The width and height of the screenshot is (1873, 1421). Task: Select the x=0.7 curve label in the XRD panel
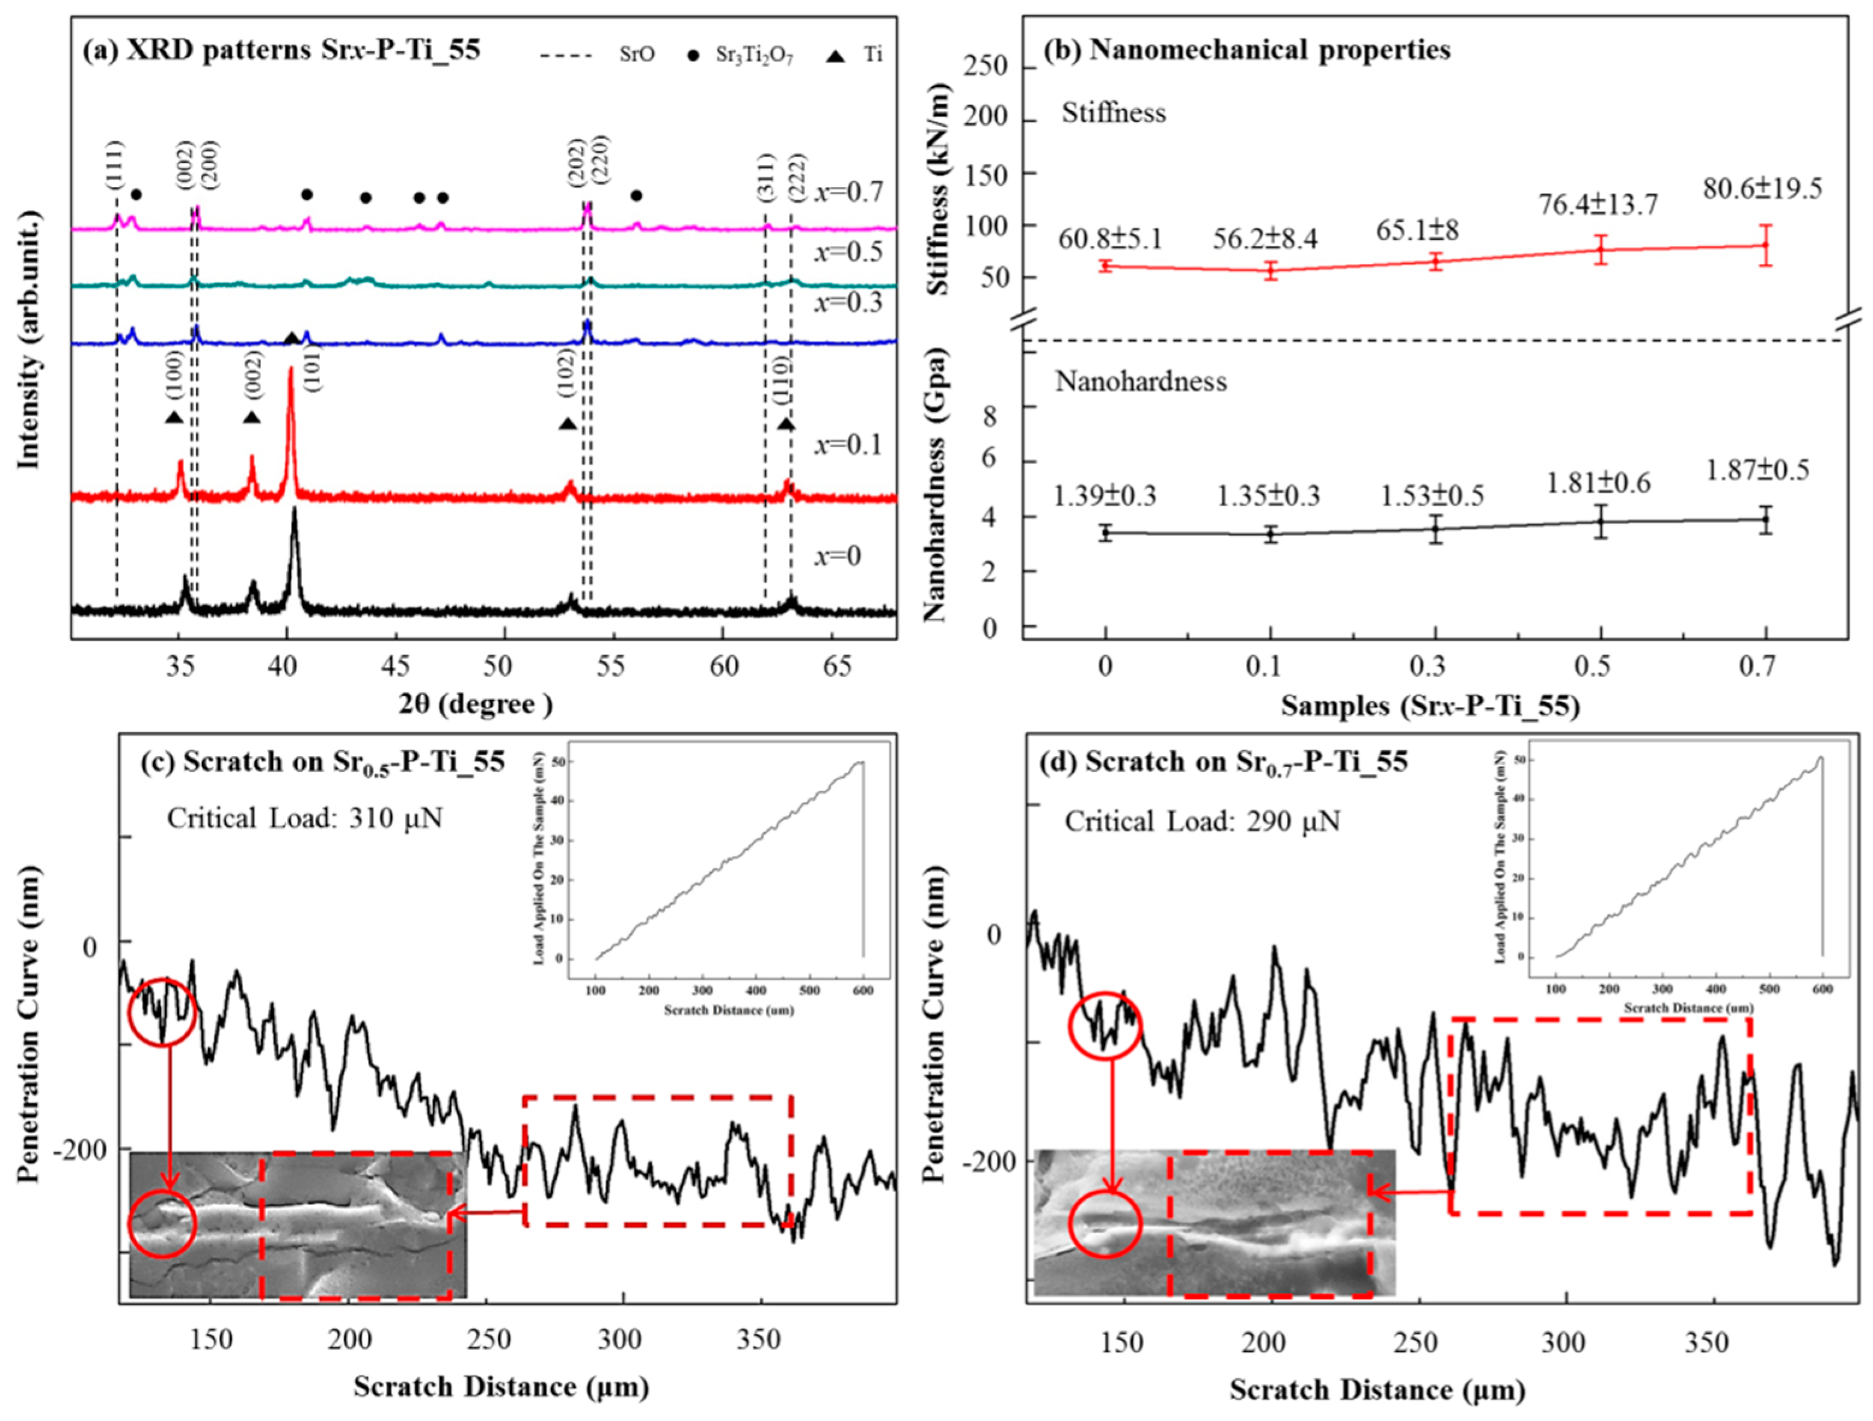[848, 192]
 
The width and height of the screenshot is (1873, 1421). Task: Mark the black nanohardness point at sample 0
[1106, 533]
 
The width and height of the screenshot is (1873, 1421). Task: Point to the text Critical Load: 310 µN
[305, 819]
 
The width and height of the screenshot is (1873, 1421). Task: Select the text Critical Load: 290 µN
[1203, 822]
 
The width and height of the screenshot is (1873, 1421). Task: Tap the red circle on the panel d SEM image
[1105, 1224]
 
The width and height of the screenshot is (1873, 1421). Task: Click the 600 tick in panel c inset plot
[862, 990]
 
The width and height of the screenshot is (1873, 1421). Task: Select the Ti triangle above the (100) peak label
[174, 417]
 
